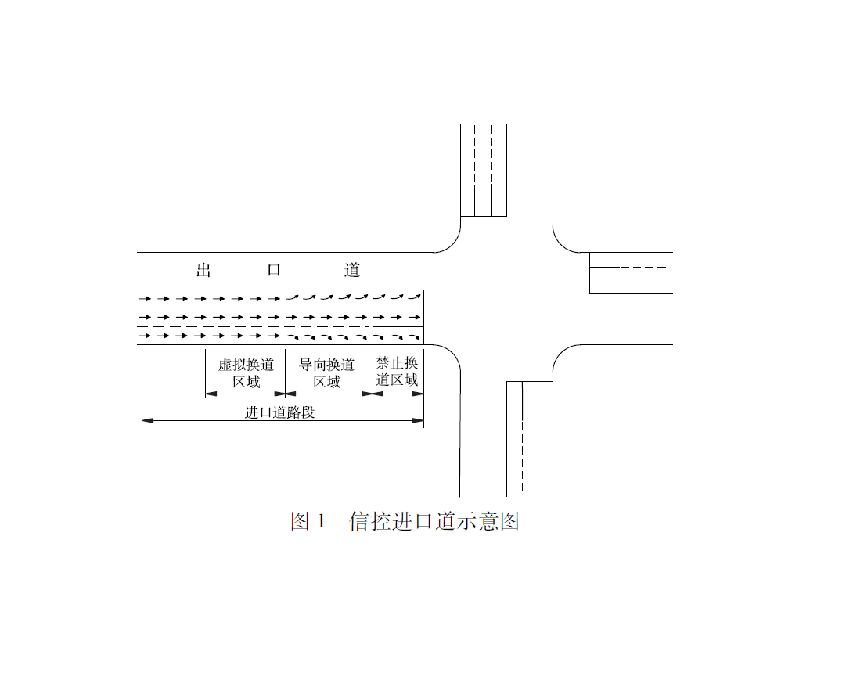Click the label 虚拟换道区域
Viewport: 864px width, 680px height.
click(x=246, y=373)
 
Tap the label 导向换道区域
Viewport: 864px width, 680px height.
click(x=327, y=373)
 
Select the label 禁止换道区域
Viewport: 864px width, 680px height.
click(x=397, y=372)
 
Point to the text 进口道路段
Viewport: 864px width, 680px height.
click(x=279, y=412)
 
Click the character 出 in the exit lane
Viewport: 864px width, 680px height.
click(x=204, y=270)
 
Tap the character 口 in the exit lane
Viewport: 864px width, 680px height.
click(x=274, y=270)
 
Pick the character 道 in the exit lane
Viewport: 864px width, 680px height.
click(x=351, y=270)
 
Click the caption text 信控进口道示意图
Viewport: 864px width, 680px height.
click(x=434, y=521)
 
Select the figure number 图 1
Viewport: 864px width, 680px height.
click(x=308, y=521)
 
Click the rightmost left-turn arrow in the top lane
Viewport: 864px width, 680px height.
click(x=414, y=297)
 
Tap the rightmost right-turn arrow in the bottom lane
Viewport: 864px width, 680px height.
click(x=414, y=337)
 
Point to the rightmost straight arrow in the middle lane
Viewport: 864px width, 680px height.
click(x=414, y=318)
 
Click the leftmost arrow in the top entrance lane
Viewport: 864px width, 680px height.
click(x=145, y=299)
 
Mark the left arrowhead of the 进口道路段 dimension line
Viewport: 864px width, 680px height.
click(x=148, y=420)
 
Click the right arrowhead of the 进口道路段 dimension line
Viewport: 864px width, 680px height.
click(x=418, y=420)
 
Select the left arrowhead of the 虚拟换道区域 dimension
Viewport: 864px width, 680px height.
click(x=211, y=394)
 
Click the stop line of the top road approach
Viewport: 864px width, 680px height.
click(x=484, y=216)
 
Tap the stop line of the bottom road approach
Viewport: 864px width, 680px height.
click(x=530, y=381)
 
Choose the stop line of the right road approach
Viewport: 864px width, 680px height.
click(x=589, y=273)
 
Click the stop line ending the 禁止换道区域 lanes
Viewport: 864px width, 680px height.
click(x=423, y=318)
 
